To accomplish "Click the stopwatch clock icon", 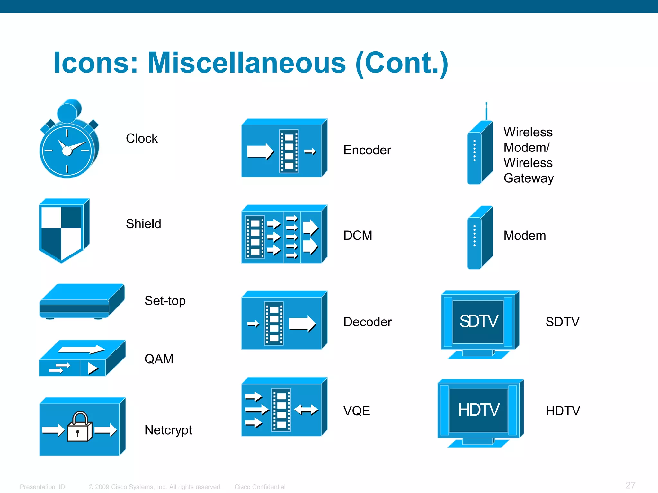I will click(68, 141).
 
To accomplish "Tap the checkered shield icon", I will click(63, 230).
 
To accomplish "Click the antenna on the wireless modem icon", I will click(486, 111).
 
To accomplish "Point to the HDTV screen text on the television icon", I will click(478, 410).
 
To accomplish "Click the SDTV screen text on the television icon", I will click(478, 321).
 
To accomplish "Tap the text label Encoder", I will click(367, 150).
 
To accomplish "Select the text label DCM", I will click(358, 236).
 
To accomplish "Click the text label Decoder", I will click(367, 322).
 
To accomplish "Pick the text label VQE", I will click(356, 411).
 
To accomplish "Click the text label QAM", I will click(159, 359).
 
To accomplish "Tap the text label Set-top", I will click(165, 301).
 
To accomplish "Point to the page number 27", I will click(630, 485).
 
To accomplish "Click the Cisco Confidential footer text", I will click(260, 487).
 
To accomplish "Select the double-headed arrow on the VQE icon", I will click(306, 410).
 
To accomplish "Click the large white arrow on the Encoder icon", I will click(260, 151).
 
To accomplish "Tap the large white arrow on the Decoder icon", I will click(302, 324).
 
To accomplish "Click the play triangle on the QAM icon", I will click(93, 368).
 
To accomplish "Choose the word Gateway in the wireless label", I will click(529, 178).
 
